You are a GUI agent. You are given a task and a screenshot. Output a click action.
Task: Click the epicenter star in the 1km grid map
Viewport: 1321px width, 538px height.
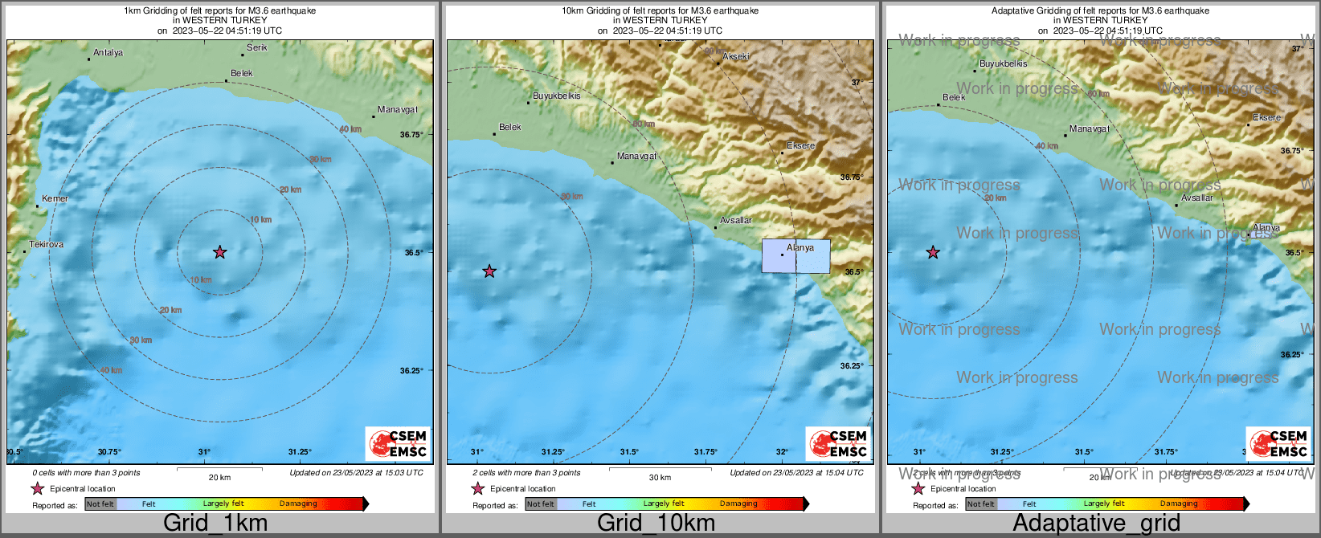point(220,252)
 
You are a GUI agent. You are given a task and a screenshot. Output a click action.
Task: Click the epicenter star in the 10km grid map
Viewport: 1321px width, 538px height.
point(489,271)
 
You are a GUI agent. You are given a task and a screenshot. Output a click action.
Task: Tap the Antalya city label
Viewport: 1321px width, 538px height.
point(108,53)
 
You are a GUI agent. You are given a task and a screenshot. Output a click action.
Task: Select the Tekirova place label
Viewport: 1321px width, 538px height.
point(46,244)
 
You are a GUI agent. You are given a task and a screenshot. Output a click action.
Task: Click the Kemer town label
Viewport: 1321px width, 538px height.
point(55,198)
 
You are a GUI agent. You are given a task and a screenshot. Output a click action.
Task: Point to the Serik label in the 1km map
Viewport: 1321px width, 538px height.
point(257,47)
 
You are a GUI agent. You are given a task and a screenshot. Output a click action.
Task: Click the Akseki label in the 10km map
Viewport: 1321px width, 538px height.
point(736,56)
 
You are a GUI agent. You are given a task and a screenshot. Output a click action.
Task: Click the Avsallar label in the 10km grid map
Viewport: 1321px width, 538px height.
point(735,220)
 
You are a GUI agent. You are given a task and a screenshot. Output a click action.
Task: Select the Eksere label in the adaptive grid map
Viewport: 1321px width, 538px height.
point(1266,117)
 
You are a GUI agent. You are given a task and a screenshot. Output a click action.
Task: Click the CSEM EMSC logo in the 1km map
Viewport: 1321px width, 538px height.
point(398,443)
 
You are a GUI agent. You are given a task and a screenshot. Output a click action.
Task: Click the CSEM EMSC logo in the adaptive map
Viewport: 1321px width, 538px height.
point(1278,443)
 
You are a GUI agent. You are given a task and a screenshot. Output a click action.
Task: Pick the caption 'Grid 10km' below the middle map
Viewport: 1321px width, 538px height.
point(656,524)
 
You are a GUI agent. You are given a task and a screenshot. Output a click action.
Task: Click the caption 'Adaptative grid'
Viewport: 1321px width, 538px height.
point(1096,524)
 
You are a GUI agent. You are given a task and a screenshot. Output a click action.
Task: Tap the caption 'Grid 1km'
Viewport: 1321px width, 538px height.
point(215,524)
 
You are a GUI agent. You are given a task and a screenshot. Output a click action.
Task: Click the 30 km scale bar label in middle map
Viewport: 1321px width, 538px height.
point(660,477)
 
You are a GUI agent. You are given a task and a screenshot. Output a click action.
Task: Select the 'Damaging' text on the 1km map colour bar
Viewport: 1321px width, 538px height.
point(298,503)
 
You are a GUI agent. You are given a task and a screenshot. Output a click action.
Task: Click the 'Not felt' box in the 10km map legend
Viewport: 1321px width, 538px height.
point(541,504)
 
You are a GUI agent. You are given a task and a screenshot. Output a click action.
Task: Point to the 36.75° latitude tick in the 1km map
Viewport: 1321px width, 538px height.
point(411,134)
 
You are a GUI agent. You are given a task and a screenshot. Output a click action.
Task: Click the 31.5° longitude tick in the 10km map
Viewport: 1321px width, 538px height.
point(628,451)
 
